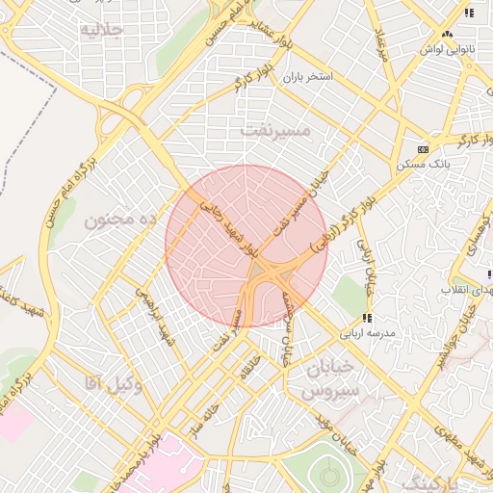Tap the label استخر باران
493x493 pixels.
click(306, 75)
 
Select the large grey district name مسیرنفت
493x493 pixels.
click(275, 129)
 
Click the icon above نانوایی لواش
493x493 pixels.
click(469, 13)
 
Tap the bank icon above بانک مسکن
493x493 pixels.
click(424, 149)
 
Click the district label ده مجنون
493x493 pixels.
click(120, 221)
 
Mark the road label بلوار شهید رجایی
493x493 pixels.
click(228, 225)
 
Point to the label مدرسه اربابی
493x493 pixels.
click(364, 333)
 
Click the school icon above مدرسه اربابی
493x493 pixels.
click(366, 318)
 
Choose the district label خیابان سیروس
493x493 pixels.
click(330, 380)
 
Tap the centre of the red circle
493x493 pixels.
click(246, 246)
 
